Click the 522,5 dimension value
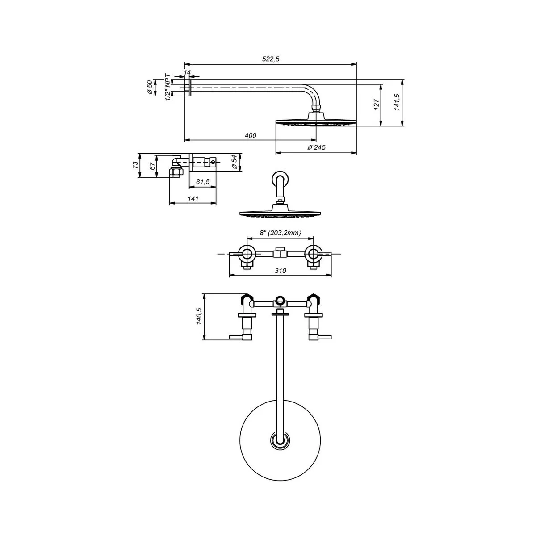coord(270,59)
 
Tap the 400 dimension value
coord(250,135)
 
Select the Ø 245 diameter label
coord(316,147)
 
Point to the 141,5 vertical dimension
coord(397,102)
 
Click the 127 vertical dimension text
coord(377,105)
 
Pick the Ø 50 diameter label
coord(150,88)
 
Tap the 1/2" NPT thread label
coord(168,88)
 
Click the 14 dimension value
coord(187,72)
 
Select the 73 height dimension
coord(135,165)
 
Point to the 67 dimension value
coord(152,166)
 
